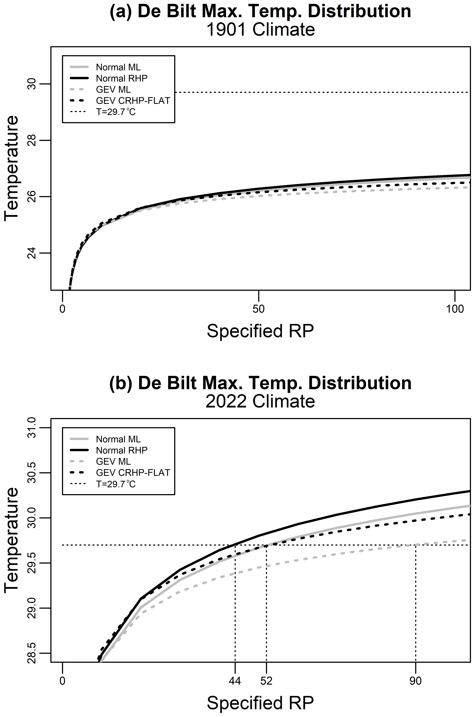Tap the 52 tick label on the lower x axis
[266, 681]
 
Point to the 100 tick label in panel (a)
[455, 309]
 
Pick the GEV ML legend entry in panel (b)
[113, 461]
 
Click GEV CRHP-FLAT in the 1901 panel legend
[133, 101]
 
